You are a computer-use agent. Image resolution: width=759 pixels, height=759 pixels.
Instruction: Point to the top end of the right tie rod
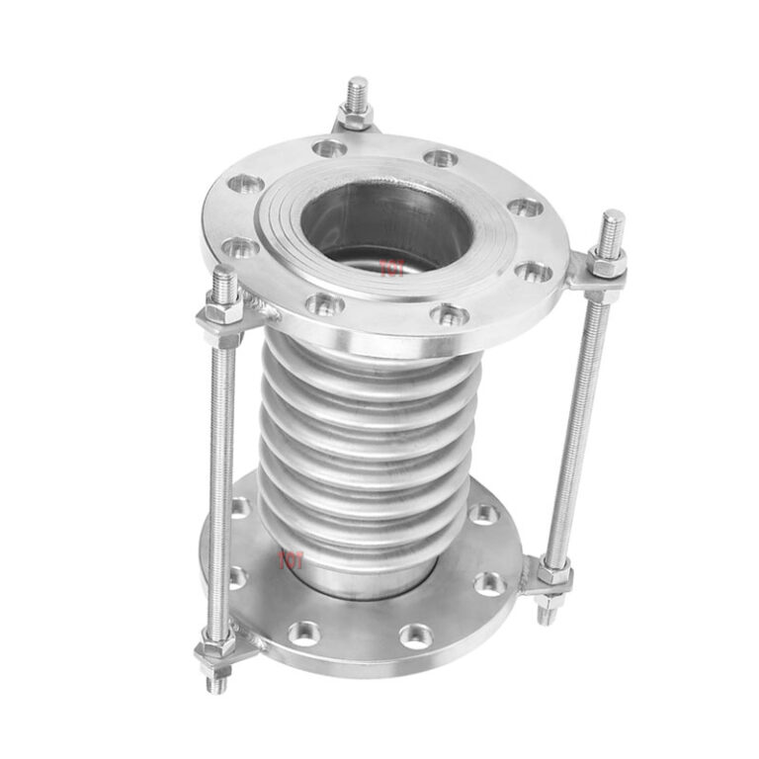click(613, 223)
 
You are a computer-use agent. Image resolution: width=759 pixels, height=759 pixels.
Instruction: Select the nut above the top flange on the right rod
click(607, 263)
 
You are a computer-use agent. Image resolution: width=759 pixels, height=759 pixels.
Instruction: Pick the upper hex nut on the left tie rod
click(221, 319)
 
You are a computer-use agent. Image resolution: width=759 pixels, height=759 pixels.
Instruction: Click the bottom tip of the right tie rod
click(547, 614)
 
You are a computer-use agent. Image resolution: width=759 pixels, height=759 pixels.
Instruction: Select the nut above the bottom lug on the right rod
click(554, 572)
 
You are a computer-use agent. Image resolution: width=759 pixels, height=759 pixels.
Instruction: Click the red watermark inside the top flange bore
click(392, 267)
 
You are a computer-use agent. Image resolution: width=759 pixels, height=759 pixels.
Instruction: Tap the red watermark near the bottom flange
click(290, 560)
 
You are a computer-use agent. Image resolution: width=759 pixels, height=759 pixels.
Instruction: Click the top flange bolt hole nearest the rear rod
click(329, 148)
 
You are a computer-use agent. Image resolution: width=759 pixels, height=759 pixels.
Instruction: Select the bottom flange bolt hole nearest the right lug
click(488, 583)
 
